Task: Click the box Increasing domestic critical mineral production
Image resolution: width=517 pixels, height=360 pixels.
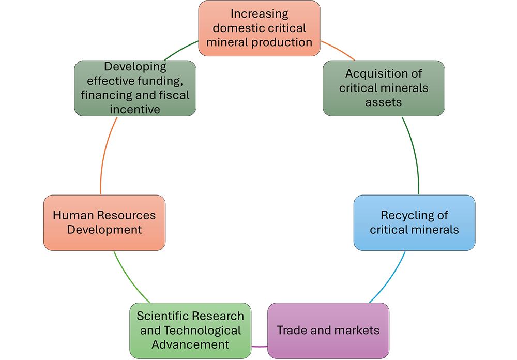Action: (x=259, y=28)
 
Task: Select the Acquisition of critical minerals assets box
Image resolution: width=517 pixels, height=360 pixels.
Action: (x=384, y=88)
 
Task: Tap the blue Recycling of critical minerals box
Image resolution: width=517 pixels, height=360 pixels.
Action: (x=414, y=222)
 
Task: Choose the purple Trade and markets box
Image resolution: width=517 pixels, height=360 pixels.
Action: (x=328, y=330)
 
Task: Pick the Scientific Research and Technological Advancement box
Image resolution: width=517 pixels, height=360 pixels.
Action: (x=190, y=330)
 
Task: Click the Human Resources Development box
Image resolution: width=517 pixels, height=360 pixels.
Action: (x=104, y=222)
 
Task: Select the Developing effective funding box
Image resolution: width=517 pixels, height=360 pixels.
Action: (x=135, y=88)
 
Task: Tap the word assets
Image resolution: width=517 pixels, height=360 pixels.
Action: (x=384, y=102)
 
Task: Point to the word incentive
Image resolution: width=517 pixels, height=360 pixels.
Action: (x=135, y=109)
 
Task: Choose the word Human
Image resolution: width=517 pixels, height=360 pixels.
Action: (x=71, y=215)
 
